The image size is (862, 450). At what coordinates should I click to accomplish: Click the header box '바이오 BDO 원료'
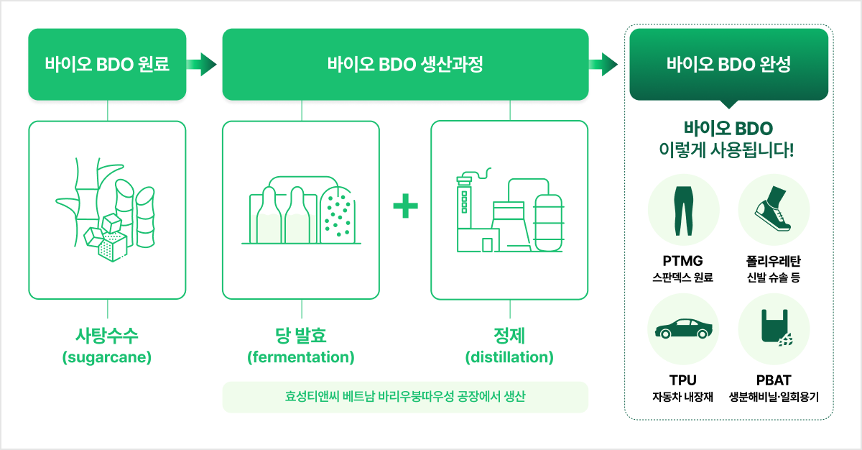coord(107,64)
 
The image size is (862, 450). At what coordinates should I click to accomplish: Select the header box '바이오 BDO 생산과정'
coord(406,64)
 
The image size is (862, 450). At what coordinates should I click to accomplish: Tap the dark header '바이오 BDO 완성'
coord(729,64)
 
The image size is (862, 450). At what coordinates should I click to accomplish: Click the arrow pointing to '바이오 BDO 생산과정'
coord(202,64)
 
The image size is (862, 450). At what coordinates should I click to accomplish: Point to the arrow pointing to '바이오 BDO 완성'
coord(603,64)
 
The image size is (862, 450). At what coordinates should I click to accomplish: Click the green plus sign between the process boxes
coord(406,206)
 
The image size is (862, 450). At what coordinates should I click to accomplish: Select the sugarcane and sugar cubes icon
coord(106,210)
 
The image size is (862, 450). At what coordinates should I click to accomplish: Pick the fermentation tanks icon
coord(301,210)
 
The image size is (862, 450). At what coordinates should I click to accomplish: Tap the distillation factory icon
coord(510,210)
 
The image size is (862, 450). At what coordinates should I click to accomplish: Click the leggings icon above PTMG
coord(683,211)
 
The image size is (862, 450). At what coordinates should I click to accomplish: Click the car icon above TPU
coord(683,329)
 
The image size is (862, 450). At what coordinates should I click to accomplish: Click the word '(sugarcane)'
coord(107,357)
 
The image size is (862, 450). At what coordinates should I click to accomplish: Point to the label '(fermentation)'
coord(301,357)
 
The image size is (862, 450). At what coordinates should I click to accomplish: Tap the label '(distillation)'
coord(509,357)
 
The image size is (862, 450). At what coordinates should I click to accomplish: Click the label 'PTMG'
coord(682,261)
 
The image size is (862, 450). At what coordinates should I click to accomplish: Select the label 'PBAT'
coord(774,380)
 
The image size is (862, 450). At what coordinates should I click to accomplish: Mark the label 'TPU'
coord(683,380)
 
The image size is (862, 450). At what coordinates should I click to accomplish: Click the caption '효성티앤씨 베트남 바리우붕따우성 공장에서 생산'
coord(405,397)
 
